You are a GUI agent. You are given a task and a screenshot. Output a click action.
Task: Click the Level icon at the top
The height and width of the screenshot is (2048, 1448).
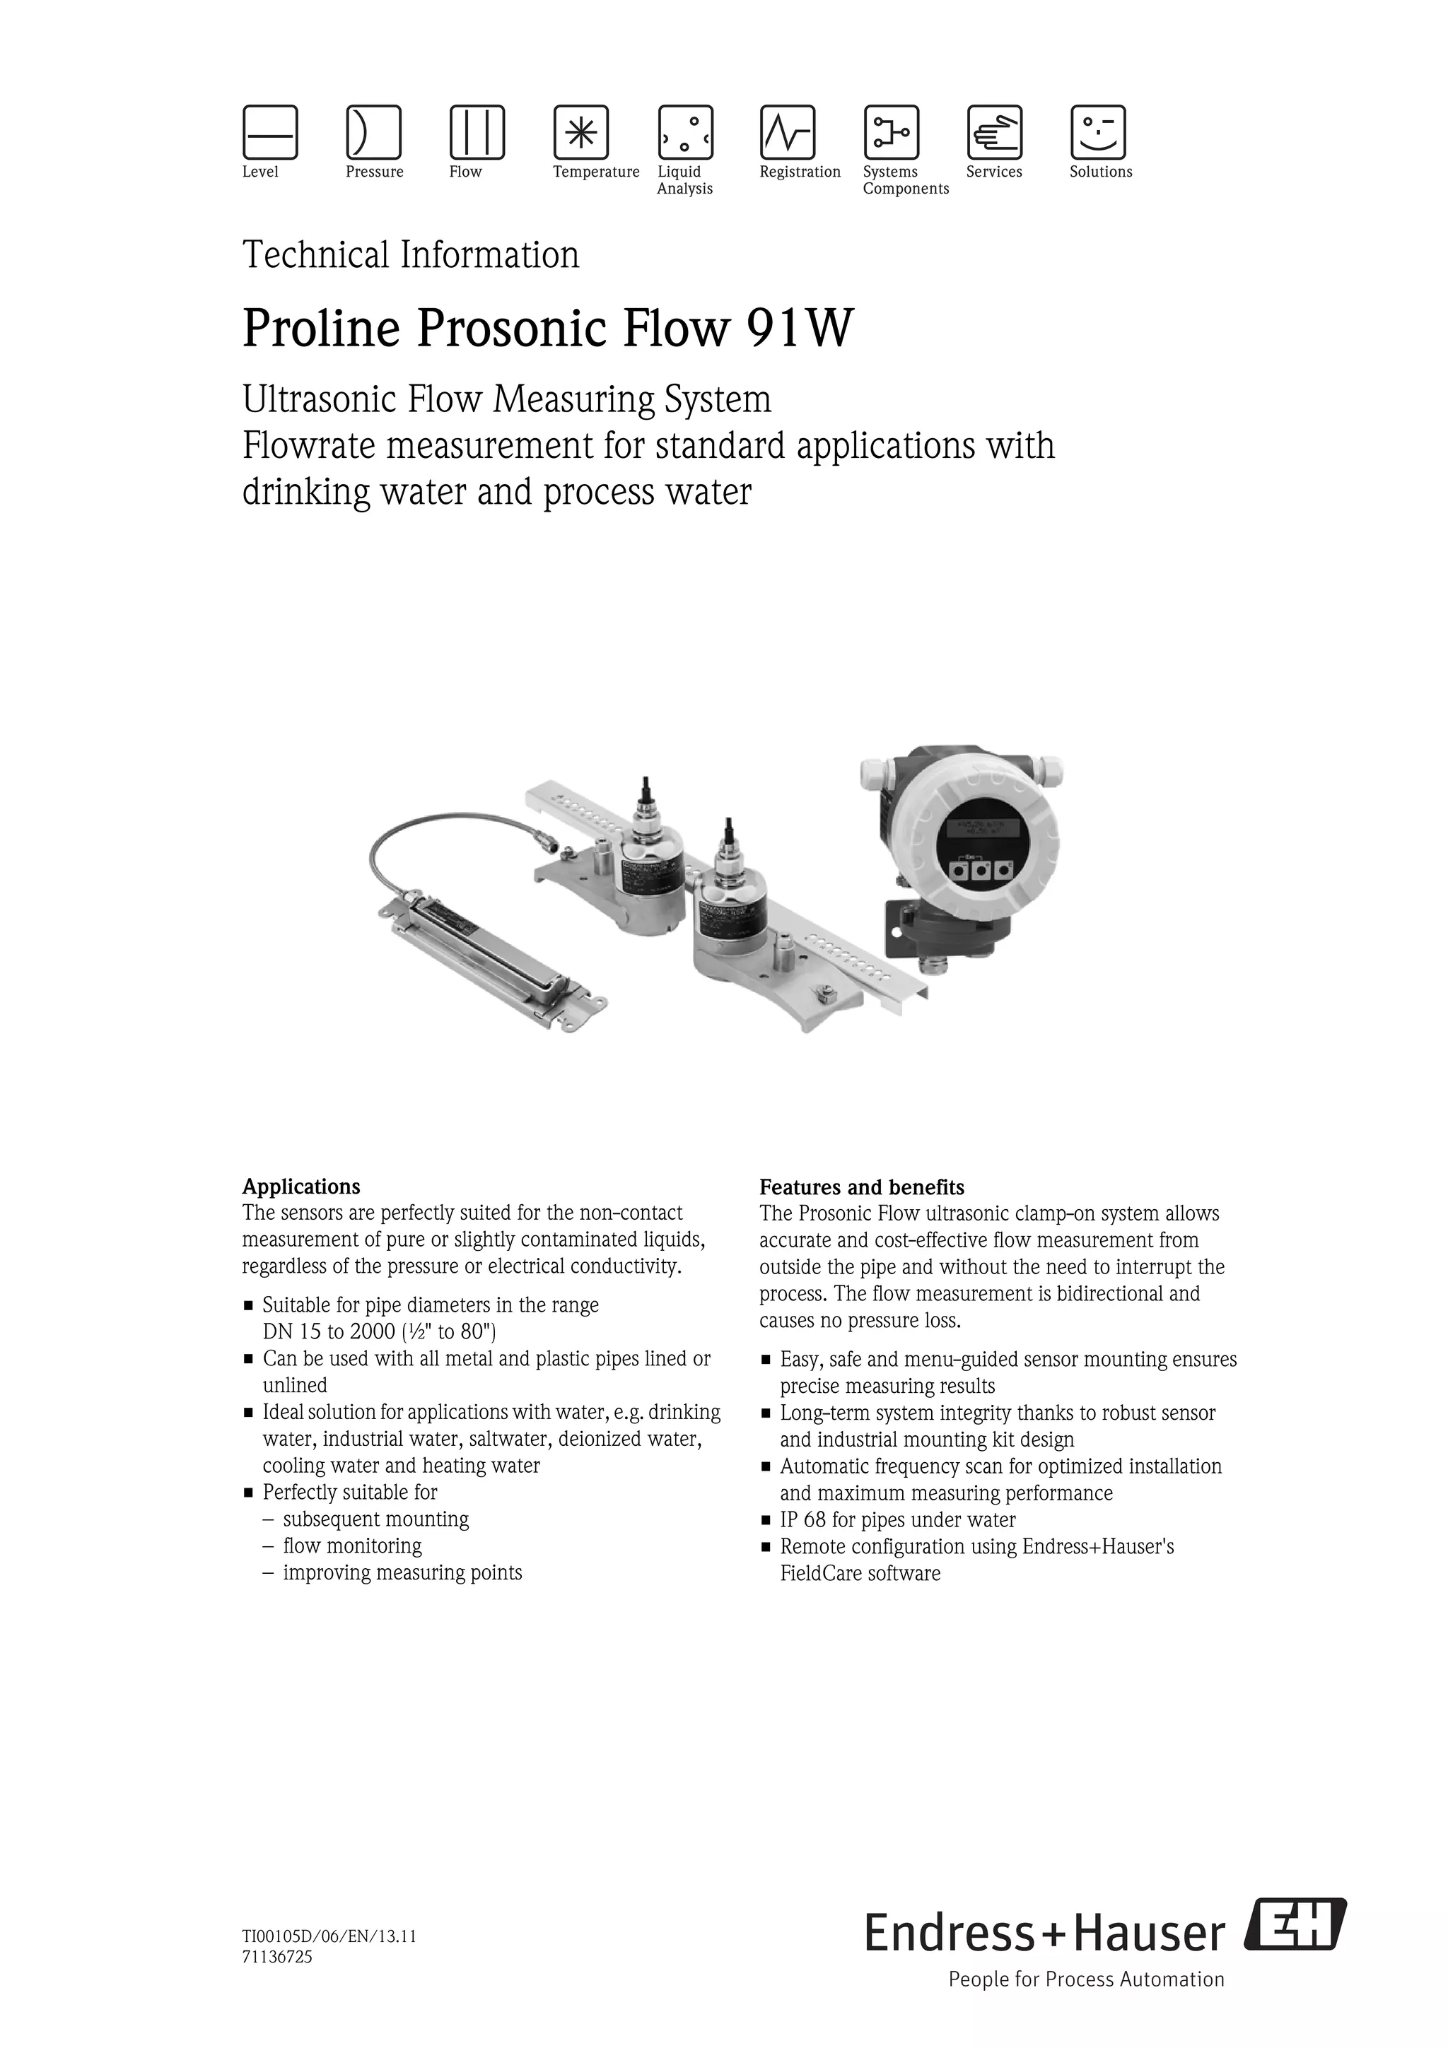270,132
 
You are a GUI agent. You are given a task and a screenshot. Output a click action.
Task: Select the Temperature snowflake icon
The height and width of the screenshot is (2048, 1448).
580,132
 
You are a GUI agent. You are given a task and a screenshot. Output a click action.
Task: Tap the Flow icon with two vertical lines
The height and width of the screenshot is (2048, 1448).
477,132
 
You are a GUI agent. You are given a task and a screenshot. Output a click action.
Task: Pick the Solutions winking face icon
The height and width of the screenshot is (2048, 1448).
1098,132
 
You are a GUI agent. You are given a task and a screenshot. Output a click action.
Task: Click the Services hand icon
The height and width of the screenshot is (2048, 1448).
995,132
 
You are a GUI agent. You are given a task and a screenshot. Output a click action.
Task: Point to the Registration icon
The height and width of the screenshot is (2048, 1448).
787,132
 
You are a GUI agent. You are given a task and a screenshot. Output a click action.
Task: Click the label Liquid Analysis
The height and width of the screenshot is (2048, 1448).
684,180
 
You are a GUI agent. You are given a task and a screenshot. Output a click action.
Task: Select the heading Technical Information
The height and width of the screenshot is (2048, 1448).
410,255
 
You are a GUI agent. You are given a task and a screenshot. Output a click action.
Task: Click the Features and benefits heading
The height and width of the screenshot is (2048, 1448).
861,1187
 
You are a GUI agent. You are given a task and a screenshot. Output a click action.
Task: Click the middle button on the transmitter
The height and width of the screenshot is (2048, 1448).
981,870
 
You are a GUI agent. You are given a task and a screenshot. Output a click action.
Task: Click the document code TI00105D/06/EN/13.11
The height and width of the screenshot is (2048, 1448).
329,1936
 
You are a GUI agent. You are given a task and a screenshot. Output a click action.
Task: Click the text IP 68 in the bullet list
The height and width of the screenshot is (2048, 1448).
803,1520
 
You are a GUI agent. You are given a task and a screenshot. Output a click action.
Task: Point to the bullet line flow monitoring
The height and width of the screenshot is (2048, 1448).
352,1546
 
